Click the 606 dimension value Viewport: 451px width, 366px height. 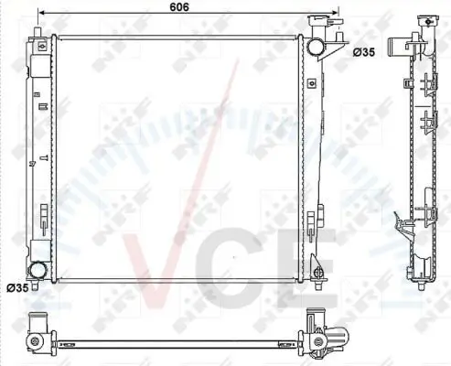[179, 6]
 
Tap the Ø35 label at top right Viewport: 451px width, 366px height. [364, 52]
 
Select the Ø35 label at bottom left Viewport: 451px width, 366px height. [17, 287]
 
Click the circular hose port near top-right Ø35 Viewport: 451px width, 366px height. [315, 47]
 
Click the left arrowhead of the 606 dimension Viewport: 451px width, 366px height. [41, 13]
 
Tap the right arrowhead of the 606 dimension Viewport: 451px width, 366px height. [335, 13]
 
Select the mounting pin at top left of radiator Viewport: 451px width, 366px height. [38, 32]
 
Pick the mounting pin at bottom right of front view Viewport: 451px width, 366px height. [318, 285]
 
